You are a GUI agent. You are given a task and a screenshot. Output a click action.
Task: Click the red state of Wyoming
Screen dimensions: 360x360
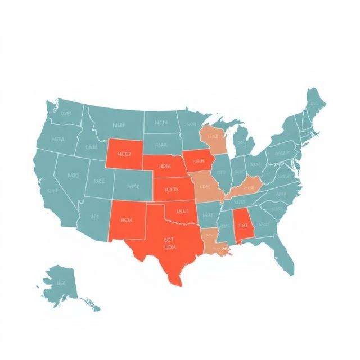point(125,153)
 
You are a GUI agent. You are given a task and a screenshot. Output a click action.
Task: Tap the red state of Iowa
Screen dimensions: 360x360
point(198,161)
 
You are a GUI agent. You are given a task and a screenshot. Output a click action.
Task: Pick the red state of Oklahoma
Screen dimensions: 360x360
point(183,213)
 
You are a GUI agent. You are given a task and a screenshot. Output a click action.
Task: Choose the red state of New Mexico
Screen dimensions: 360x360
point(126,220)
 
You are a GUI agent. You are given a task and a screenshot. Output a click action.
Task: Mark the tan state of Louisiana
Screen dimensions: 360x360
point(213,242)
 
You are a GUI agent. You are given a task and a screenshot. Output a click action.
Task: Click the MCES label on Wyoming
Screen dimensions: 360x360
point(124,153)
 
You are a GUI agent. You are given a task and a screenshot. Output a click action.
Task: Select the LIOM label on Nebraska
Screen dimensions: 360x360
point(164,166)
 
